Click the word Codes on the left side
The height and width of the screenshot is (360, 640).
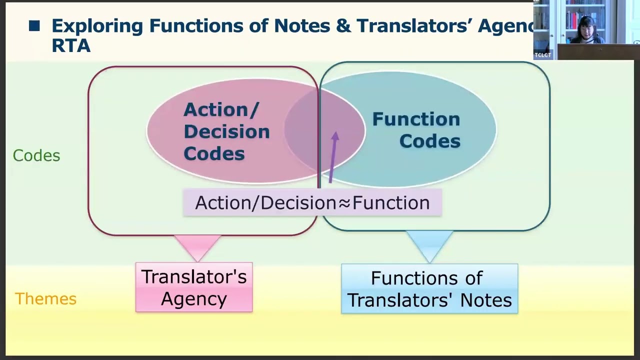point(36,155)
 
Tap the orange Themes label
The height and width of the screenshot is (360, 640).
point(45,299)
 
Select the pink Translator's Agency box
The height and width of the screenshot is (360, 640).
point(194,287)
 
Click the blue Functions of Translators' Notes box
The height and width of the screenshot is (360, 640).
point(429,289)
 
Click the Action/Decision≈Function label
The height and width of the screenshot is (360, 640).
point(312,202)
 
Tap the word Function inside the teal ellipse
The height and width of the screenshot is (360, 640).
point(416,119)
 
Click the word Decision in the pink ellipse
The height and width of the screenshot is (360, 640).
point(226,131)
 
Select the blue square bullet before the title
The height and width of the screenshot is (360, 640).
point(34,26)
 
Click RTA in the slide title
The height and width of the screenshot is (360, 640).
point(70,46)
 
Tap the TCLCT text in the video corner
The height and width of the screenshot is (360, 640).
point(542,55)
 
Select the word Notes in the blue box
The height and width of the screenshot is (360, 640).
point(486,300)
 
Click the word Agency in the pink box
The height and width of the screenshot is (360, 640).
point(194,299)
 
